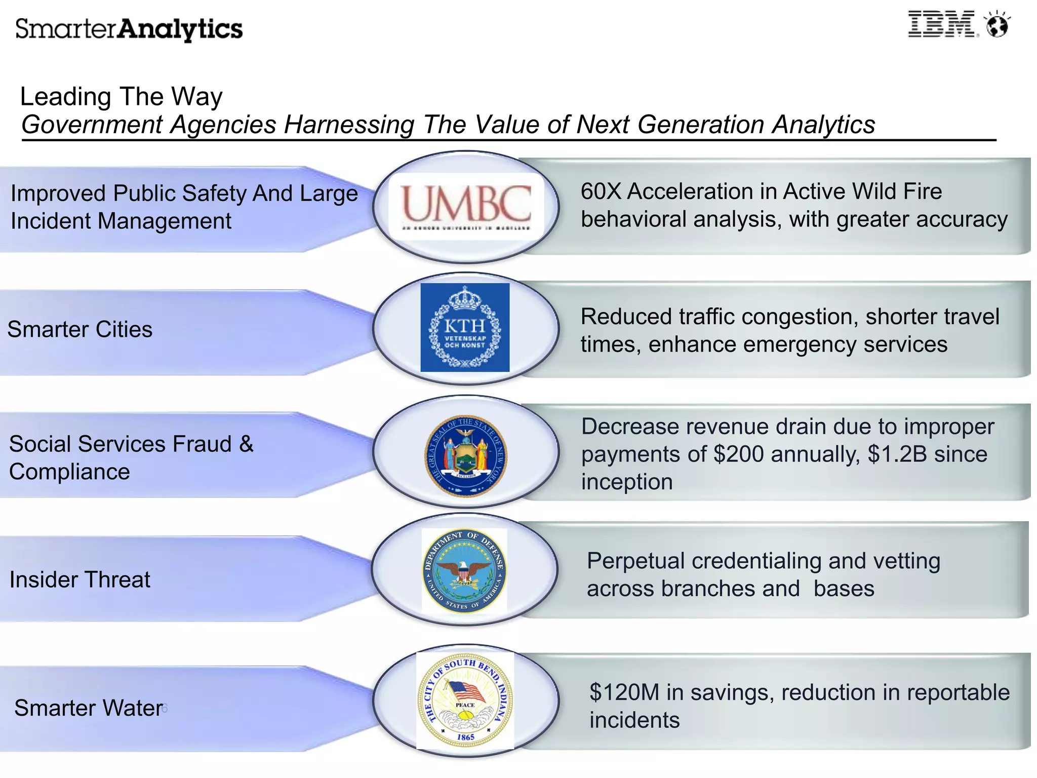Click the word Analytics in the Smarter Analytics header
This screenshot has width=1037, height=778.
180,29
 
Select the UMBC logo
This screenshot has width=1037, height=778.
466,206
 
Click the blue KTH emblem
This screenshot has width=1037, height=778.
465,327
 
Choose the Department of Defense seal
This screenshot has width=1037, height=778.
464,570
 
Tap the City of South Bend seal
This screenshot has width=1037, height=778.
465,701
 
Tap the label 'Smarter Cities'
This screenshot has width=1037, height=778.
80,330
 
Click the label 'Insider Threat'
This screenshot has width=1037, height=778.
80,580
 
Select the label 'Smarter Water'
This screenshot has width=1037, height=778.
89,708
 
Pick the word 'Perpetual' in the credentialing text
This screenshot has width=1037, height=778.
635,561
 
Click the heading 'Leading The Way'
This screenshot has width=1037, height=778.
122,97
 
